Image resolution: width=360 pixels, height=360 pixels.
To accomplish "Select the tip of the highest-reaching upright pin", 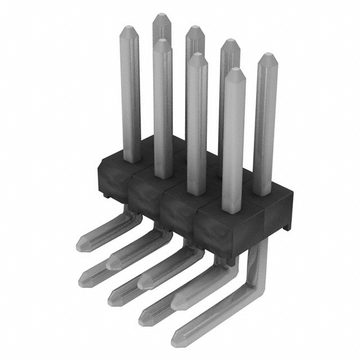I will coord(161,17).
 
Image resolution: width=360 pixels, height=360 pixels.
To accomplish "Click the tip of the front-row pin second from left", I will coord(161,42).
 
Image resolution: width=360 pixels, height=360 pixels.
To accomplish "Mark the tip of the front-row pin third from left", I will coord(196,56).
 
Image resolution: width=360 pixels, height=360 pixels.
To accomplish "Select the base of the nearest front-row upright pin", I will coord(232,209).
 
